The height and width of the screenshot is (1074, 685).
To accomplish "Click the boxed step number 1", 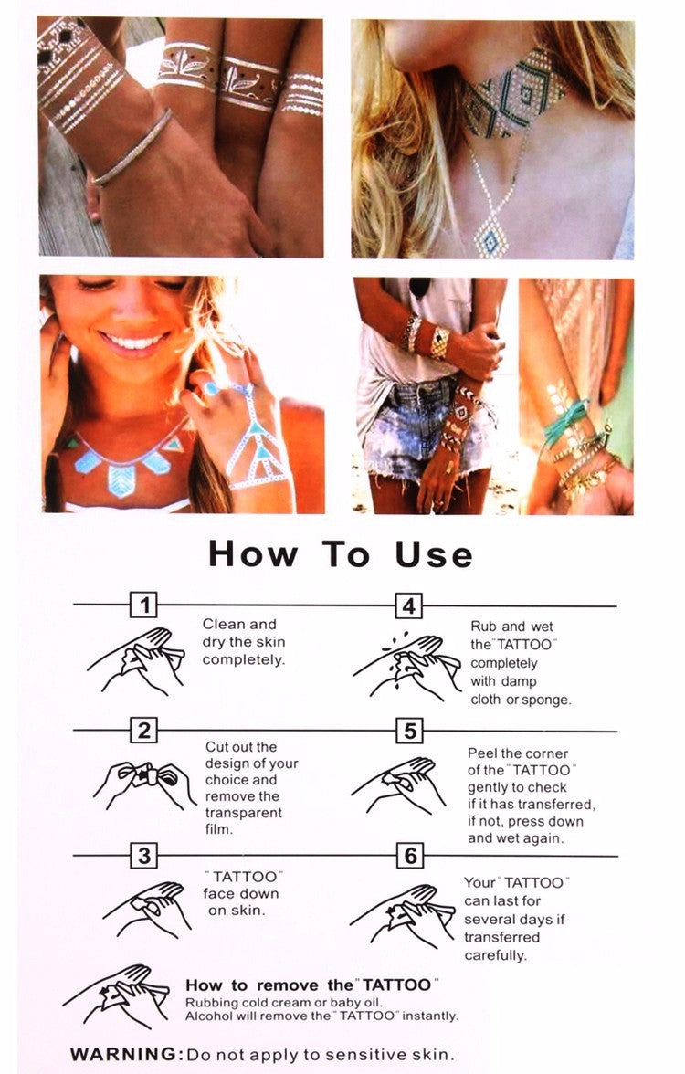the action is point(144,605).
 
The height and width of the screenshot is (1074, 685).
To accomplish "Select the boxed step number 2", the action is point(144,731).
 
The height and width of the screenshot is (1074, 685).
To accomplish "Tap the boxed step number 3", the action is point(144,856).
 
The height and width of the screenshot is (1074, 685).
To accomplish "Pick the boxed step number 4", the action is point(409,606).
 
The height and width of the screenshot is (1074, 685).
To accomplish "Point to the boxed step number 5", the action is point(409,731).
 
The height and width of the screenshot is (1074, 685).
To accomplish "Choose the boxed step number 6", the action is point(409,856).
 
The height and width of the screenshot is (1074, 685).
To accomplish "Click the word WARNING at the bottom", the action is point(126,1054).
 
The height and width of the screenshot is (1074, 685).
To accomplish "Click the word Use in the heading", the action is point(434,554).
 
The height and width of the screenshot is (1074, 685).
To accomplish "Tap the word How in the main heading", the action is point(253,554).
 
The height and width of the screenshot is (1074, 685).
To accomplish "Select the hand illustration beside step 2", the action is point(144,785).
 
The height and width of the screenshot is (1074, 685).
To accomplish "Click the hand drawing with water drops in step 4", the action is point(407,667).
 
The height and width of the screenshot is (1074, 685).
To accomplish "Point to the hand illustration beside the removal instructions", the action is point(116,995).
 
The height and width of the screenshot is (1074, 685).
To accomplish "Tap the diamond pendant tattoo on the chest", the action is point(491,235).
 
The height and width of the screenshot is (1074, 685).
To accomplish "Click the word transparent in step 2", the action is point(243,813).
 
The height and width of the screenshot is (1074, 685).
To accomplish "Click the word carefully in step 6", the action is point(495,955).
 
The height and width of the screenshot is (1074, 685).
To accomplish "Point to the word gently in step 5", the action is point(490,787).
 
